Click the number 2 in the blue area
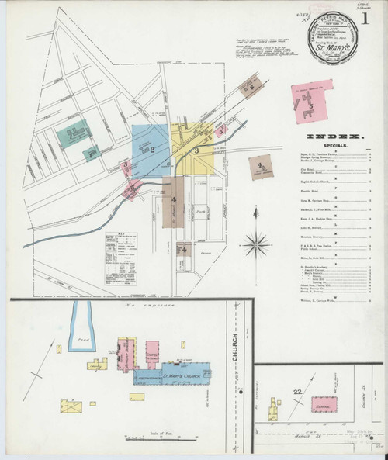[x=152, y=148]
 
